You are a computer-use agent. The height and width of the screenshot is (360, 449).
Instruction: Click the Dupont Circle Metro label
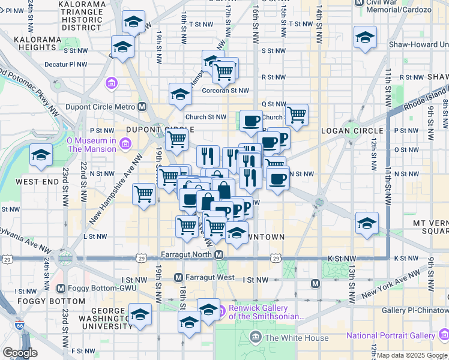110,107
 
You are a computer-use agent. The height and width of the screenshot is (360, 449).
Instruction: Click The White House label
296,338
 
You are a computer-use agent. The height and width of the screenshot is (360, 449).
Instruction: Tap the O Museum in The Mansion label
92,145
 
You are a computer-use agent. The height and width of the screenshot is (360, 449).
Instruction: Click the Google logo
20,353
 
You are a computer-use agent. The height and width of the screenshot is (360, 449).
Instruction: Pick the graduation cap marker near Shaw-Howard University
365,37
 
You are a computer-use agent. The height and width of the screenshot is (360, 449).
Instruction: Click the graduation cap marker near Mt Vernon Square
367,223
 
